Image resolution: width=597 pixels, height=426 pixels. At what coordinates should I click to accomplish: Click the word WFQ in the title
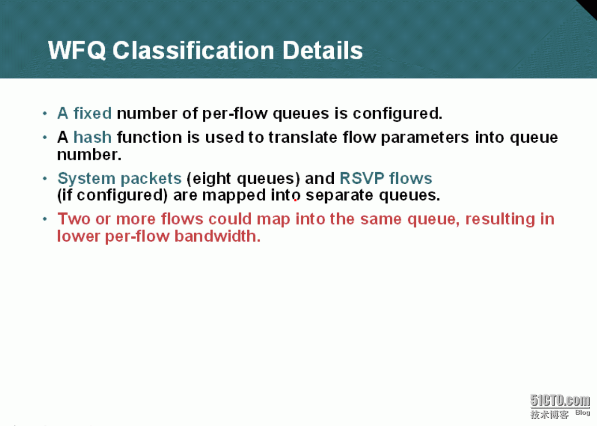[x=77, y=50]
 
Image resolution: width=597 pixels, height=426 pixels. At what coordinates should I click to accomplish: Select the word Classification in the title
[x=193, y=50]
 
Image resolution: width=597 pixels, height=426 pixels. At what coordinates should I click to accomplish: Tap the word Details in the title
[x=323, y=50]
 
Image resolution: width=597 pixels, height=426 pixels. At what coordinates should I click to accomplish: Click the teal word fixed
[x=92, y=113]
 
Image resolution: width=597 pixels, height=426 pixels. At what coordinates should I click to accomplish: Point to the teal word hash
[x=92, y=137]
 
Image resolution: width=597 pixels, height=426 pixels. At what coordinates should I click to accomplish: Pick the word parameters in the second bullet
[x=425, y=138]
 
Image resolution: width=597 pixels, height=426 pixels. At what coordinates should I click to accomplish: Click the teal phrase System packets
[x=119, y=178]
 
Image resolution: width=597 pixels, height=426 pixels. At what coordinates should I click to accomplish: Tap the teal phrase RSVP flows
[x=386, y=178]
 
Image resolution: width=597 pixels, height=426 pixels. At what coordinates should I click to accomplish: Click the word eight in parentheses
[x=212, y=179]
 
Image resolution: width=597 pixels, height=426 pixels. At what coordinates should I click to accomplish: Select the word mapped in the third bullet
[x=234, y=196]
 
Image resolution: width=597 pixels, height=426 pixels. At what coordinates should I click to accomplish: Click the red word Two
[x=74, y=219]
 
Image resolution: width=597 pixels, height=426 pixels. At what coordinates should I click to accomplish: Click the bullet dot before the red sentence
[x=45, y=219]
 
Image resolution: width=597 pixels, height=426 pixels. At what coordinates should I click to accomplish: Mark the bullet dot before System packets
[x=45, y=178]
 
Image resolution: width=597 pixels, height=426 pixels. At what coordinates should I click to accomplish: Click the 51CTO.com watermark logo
[x=560, y=400]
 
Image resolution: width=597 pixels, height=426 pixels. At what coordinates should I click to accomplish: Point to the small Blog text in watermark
[x=583, y=412]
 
